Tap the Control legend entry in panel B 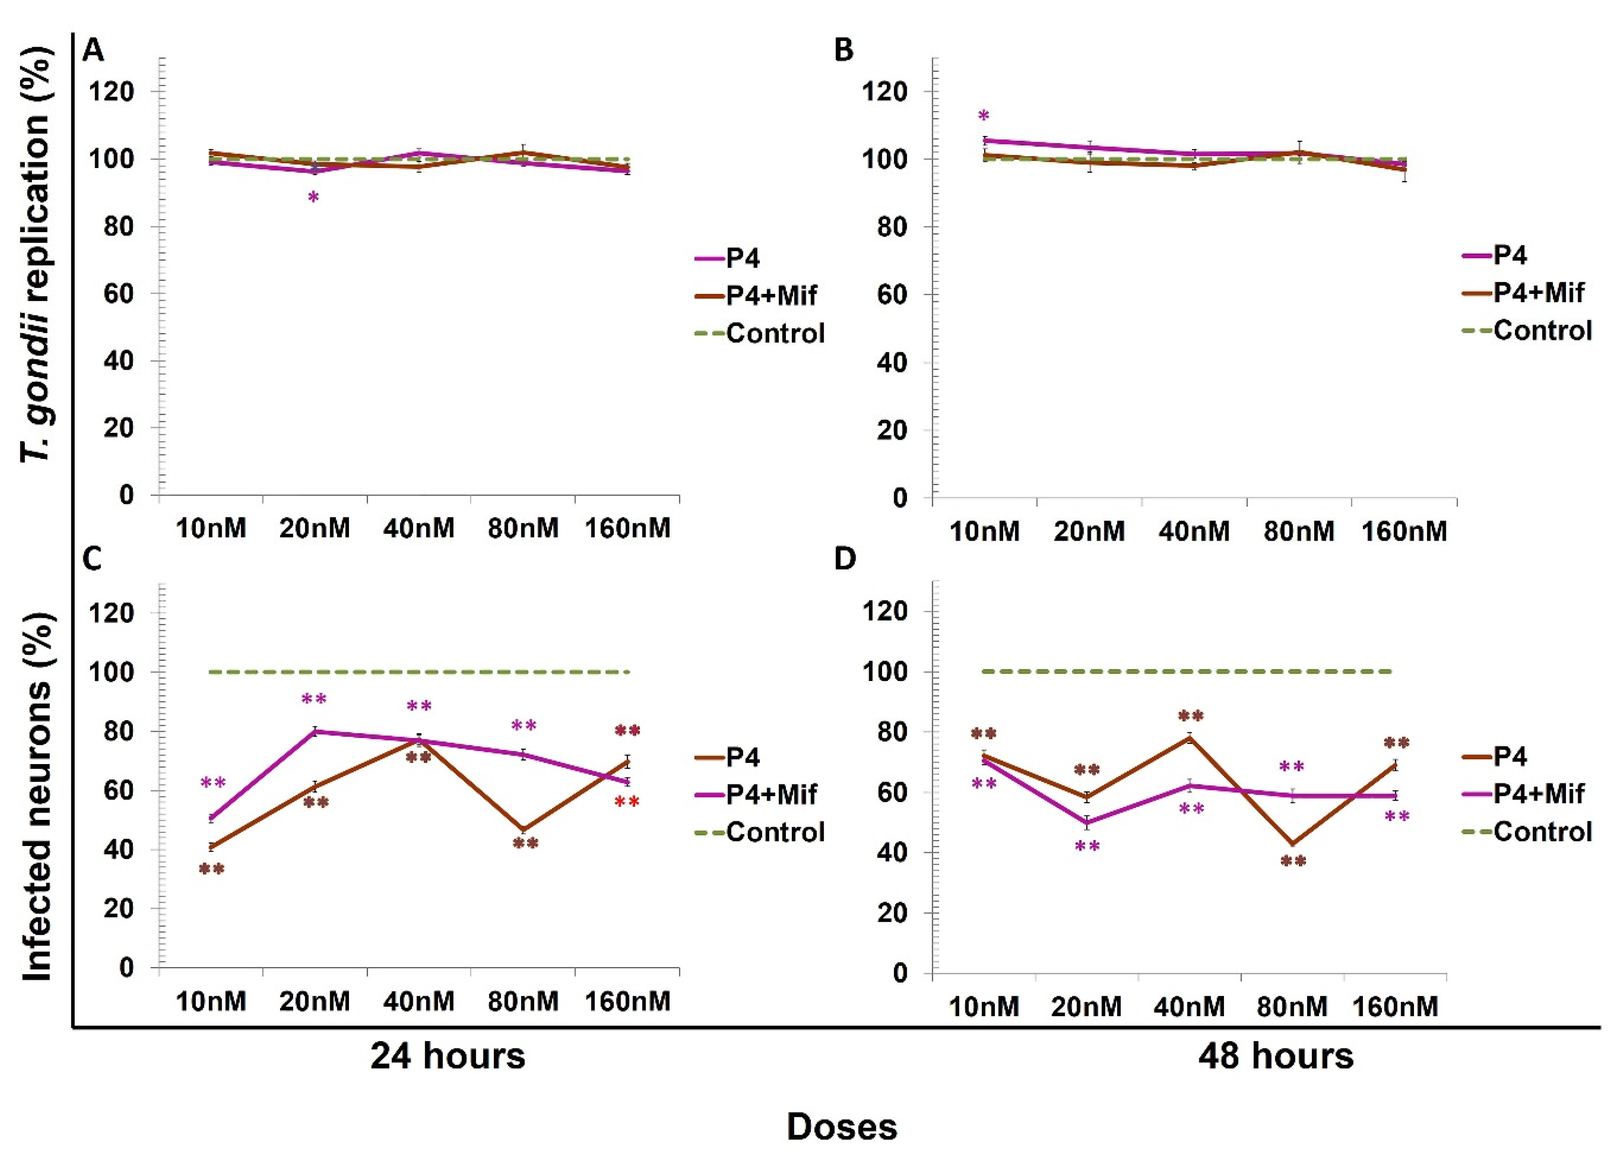(1527, 330)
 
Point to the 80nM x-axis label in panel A (523, 528)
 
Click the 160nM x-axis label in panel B (1404, 531)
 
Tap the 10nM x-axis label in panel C (211, 1001)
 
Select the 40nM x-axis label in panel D (1190, 1007)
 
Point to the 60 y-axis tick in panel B (893, 295)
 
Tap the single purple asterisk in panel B (984, 116)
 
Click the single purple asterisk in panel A (313, 198)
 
